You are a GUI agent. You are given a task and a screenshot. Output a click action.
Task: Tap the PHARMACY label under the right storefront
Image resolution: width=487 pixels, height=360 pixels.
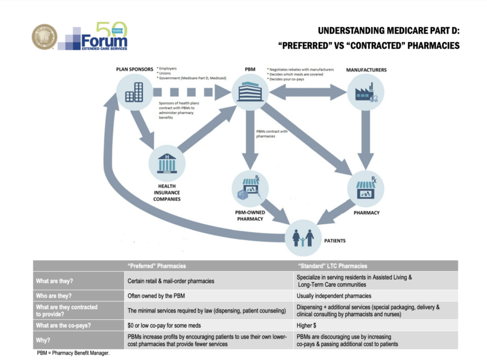pos(366,212)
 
